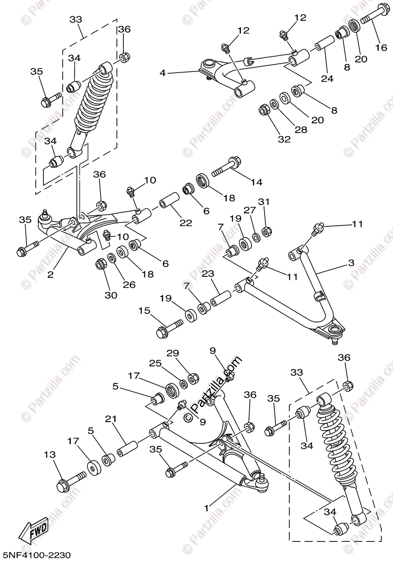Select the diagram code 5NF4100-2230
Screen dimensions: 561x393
pos(36,555)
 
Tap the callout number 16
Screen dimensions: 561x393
pos(381,47)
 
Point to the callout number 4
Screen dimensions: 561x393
pos(163,73)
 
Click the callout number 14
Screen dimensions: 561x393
pos(257,182)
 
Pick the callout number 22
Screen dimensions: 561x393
pos(186,223)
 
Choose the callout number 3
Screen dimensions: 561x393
pos(351,263)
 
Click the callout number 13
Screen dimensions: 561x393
pos(50,454)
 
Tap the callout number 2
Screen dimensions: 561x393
pos(50,275)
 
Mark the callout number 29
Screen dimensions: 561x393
pos(173,353)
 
